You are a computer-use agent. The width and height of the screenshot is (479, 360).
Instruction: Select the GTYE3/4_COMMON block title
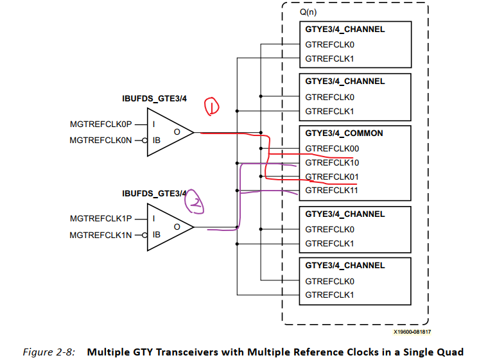coord(344,133)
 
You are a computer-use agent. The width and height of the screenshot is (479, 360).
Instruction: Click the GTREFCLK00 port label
coord(332,149)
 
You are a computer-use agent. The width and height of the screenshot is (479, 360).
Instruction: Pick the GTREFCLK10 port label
coord(332,163)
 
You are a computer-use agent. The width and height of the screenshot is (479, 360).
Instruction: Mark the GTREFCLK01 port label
coord(332,176)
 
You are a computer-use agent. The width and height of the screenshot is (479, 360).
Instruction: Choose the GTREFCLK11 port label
coord(332,191)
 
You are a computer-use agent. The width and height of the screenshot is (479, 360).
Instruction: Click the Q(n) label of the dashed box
coord(309,12)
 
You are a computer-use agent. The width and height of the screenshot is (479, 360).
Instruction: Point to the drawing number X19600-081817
coord(412,332)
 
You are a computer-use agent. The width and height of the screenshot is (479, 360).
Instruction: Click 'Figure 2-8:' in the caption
coord(49,352)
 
